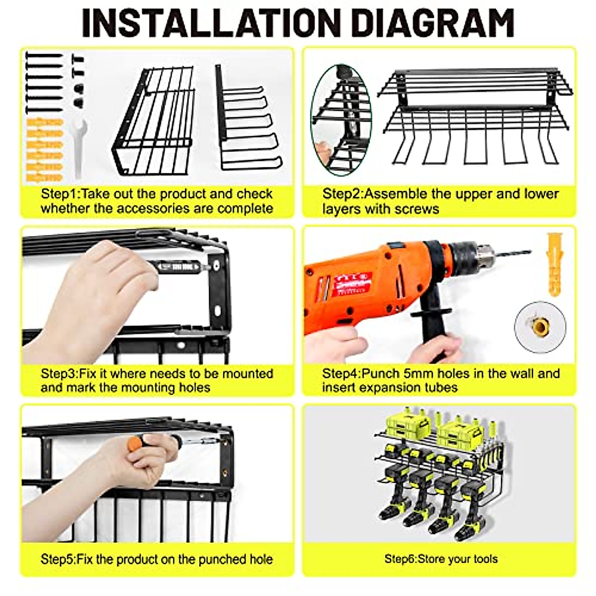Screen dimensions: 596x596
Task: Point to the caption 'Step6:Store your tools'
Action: click(441, 559)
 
